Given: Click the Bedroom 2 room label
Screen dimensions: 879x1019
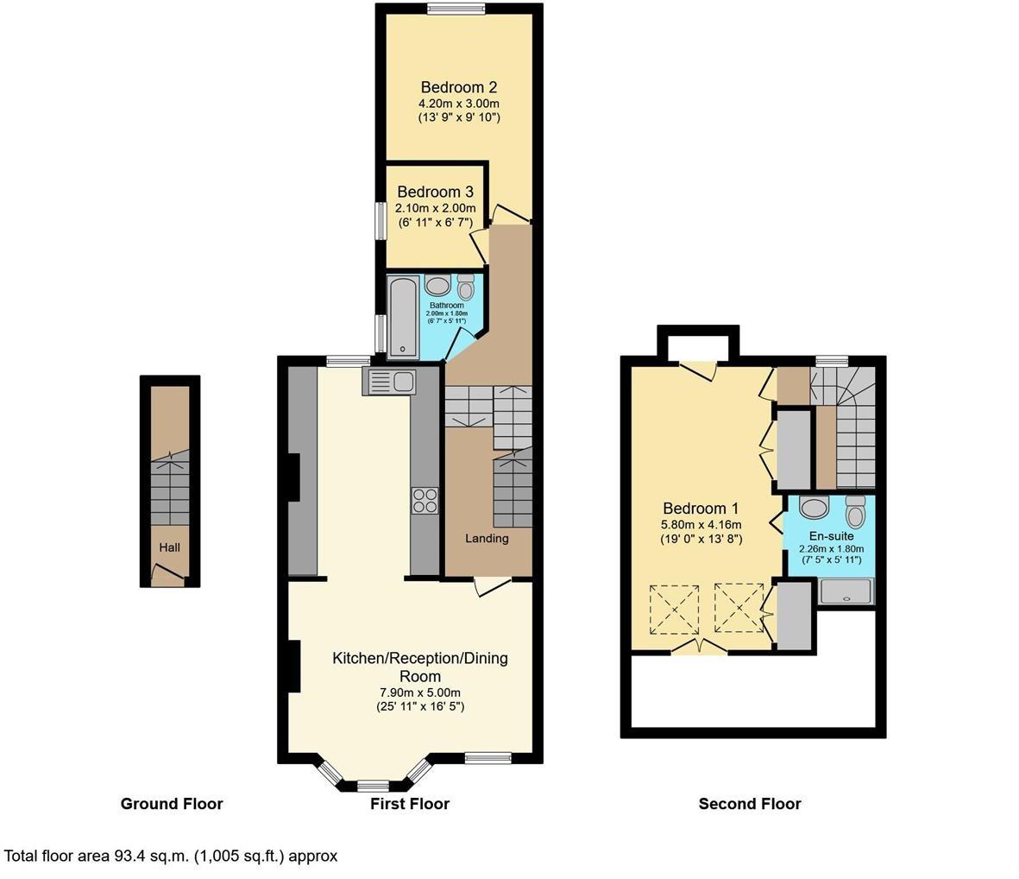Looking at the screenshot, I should pyautogui.click(x=458, y=87).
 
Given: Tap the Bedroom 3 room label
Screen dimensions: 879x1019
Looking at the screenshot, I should pyautogui.click(x=435, y=192).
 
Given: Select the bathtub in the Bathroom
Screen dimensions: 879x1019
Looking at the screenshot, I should pyautogui.click(x=403, y=317).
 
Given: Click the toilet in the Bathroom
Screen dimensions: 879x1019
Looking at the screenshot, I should pyautogui.click(x=466, y=286).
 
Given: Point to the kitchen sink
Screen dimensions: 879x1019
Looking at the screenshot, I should pyautogui.click(x=391, y=381).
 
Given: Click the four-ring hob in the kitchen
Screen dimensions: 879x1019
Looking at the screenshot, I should pyautogui.click(x=425, y=500).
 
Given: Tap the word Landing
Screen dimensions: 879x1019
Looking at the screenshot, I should pyautogui.click(x=487, y=539).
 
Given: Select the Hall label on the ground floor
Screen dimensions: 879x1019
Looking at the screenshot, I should pyautogui.click(x=169, y=547).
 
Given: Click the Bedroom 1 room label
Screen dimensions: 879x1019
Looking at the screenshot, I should pyautogui.click(x=701, y=509).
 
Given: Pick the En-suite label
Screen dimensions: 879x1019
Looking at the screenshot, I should pyautogui.click(x=831, y=536).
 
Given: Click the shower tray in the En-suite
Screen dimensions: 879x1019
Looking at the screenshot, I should pyautogui.click(x=846, y=591).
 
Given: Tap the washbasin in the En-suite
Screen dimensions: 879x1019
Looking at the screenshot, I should pyautogui.click(x=814, y=506).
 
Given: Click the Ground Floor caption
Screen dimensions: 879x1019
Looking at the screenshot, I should pyautogui.click(x=172, y=804).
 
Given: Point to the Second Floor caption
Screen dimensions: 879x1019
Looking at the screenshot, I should pyautogui.click(x=750, y=804).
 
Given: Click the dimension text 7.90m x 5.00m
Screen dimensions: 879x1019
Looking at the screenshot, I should pyautogui.click(x=419, y=692).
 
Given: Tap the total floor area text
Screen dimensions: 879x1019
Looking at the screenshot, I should pyautogui.click(x=171, y=857).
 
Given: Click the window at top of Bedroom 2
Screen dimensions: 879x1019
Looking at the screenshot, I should pyautogui.click(x=457, y=9).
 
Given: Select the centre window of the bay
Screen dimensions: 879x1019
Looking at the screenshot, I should pyautogui.click(x=372, y=786).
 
